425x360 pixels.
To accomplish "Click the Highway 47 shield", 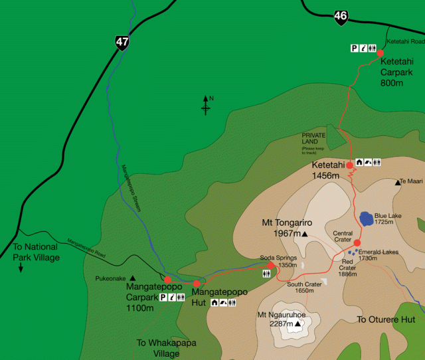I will (x=122, y=43).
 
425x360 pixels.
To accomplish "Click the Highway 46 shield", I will (x=341, y=17).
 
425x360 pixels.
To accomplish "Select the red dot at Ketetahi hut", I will (x=349, y=165).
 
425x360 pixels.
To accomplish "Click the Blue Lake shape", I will (x=366, y=218).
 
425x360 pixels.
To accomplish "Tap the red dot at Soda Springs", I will (x=270, y=265).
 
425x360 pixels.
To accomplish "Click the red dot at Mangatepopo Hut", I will (x=197, y=284).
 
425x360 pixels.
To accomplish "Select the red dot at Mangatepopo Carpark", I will (x=168, y=280).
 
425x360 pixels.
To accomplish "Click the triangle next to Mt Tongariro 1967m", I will (x=304, y=234).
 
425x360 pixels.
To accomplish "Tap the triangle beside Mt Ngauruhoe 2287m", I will (x=288, y=324).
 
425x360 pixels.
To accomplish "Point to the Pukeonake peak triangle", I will (x=132, y=278).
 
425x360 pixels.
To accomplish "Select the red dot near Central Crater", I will (x=357, y=243).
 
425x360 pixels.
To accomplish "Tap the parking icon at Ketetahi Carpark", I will (x=355, y=48).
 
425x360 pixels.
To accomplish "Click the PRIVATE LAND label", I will (x=313, y=139).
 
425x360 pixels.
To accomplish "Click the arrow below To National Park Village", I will (x=21, y=268).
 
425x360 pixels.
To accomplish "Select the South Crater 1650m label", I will (x=304, y=288).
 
